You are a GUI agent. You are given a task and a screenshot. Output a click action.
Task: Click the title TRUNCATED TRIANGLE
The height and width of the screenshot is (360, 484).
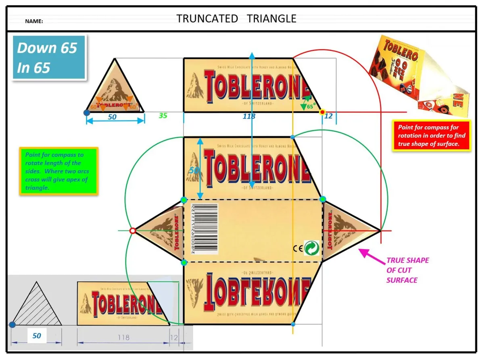236,19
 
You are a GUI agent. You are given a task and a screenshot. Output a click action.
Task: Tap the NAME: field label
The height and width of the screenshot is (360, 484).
34,21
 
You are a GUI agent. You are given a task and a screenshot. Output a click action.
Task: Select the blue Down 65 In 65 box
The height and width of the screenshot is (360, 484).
49,58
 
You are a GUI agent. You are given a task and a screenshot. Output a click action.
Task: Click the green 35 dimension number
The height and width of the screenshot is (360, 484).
163,116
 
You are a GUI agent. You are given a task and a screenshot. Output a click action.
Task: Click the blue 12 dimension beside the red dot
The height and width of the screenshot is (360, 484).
329,116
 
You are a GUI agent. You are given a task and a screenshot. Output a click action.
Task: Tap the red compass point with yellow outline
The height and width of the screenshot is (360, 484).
322,112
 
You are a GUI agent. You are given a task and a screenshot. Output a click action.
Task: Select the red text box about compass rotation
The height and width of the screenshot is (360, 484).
431,136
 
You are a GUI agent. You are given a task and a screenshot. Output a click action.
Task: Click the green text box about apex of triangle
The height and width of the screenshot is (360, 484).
58,171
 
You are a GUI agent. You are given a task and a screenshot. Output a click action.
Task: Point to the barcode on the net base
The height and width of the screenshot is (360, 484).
201,229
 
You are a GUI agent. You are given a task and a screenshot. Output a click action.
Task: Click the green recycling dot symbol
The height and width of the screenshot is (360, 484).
311,248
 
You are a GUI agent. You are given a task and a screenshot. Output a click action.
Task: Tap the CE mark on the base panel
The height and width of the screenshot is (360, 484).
297,249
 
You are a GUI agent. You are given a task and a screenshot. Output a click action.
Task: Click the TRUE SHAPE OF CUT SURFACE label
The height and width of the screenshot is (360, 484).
407,270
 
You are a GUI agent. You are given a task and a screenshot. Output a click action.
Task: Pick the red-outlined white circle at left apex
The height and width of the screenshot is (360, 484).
132,231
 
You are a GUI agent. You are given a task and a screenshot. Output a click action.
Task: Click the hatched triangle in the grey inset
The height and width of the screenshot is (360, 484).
37,307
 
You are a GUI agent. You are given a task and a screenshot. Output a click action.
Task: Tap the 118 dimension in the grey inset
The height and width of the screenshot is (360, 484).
123,337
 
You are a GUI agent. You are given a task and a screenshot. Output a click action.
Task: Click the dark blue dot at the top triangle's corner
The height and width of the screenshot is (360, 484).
86,112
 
